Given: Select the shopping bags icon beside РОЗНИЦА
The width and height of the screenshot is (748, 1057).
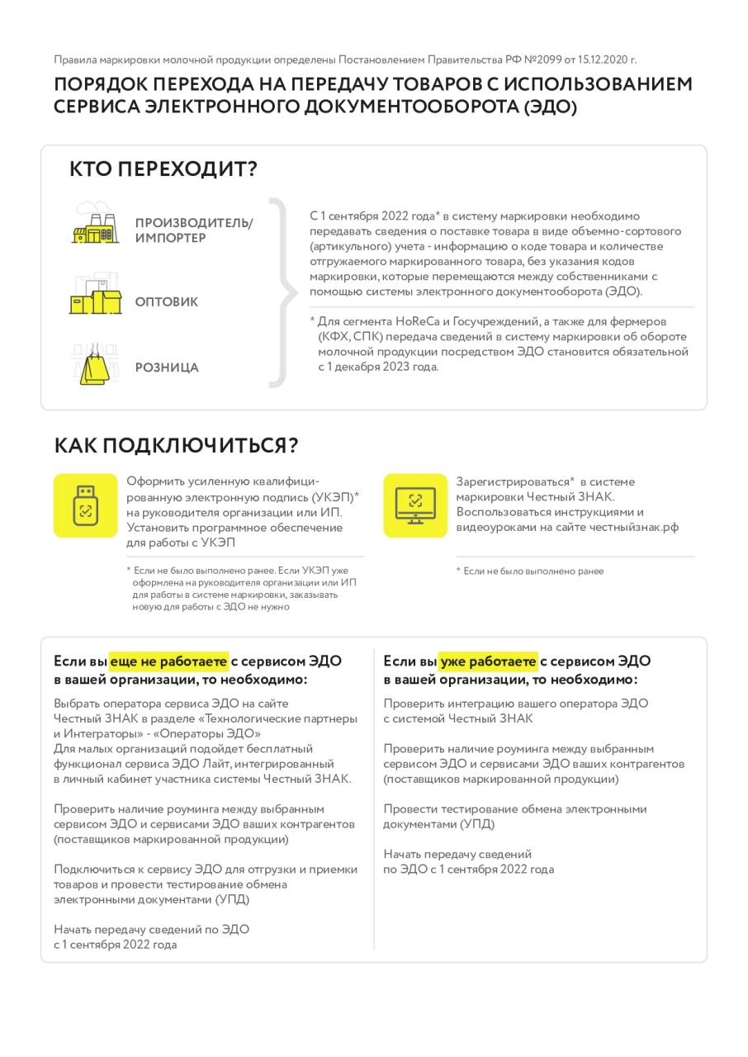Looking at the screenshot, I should pyautogui.click(x=91, y=364).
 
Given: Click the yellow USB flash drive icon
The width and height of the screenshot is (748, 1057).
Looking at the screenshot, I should pyautogui.click(x=85, y=505).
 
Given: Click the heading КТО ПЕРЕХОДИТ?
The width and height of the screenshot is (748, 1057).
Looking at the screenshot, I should pyautogui.click(x=163, y=169).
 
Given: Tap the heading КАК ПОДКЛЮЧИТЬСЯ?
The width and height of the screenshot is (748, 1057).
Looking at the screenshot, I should pyautogui.click(x=176, y=445).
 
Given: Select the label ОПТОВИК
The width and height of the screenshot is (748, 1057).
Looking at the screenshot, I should pyautogui.click(x=167, y=302).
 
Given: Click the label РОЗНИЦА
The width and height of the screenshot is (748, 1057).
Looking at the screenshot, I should pyautogui.click(x=167, y=367).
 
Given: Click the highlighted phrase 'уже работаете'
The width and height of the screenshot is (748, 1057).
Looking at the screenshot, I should pyautogui.click(x=489, y=661).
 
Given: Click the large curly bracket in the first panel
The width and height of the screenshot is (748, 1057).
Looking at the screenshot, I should pyautogui.click(x=281, y=292).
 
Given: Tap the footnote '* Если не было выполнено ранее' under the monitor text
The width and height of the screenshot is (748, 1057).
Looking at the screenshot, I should pyautogui.click(x=530, y=571).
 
